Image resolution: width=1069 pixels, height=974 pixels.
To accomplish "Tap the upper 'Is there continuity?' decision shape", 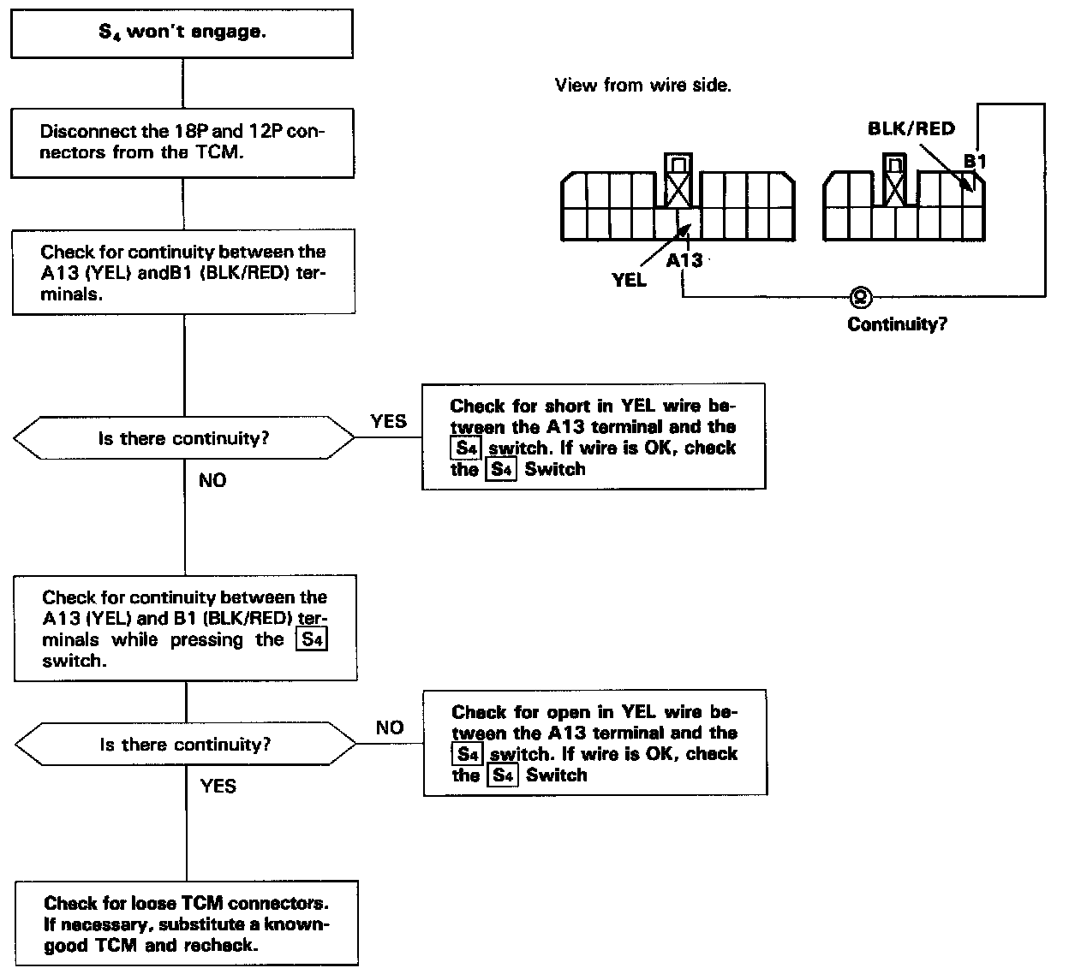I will (183, 439).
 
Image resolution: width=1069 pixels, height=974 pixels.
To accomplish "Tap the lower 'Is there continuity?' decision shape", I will (186, 745).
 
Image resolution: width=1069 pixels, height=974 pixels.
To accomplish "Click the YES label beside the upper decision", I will (388, 421).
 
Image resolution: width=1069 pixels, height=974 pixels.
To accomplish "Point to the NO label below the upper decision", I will (212, 481).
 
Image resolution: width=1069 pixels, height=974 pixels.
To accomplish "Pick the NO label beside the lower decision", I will (390, 728).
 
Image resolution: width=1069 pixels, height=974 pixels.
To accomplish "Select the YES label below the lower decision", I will (218, 786).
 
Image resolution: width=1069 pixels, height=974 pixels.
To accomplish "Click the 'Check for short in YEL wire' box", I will (593, 437).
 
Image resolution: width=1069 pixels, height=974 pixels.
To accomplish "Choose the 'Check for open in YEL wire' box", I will (594, 743).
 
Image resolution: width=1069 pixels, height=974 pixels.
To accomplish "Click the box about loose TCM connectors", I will (186, 924).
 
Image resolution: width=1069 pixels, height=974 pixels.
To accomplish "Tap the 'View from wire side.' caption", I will (642, 86).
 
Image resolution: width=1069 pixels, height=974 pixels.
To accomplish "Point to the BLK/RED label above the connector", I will (911, 128).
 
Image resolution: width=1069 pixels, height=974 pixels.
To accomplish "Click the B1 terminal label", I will (975, 161).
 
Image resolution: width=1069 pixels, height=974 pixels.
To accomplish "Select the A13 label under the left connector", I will (684, 259).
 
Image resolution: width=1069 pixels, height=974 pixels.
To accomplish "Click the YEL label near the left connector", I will (630, 280).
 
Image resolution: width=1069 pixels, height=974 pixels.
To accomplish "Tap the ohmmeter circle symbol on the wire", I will (858, 297).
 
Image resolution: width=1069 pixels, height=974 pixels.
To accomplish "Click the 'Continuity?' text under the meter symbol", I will (897, 324).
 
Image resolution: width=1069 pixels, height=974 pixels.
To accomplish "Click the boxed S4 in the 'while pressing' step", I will (311, 639).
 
